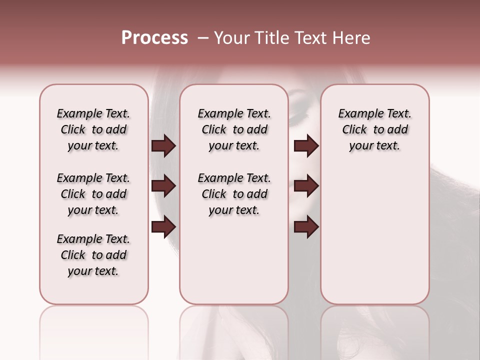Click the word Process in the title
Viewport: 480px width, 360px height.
click(154, 38)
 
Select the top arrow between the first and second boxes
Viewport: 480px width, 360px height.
click(163, 146)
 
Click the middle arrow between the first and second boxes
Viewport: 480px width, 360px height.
click(163, 186)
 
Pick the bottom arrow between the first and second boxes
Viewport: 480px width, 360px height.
click(163, 227)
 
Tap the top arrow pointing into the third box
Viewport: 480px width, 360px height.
click(306, 146)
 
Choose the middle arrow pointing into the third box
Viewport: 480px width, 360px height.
click(306, 186)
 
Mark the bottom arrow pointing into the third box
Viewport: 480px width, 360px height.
click(306, 227)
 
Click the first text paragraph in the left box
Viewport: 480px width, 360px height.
click(93, 129)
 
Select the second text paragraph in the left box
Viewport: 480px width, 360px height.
click(93, 194)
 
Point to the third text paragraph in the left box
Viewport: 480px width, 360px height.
click(93, 255)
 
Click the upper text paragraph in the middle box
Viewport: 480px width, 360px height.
click(234, 129)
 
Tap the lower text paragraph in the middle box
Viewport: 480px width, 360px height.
click(234, 194)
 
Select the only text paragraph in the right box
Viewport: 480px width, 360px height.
click(374, 129)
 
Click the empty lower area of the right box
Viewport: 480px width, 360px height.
click(374, 235)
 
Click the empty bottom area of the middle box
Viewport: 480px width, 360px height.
click(234, 265)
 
